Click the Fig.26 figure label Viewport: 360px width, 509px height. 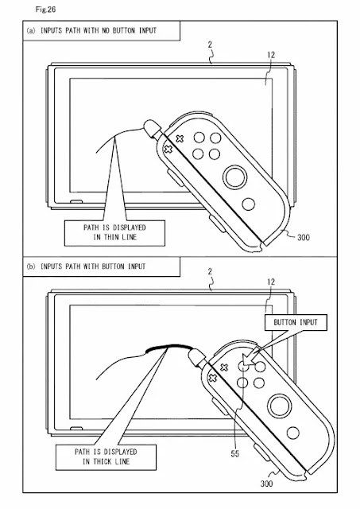45,10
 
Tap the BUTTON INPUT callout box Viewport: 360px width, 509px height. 296,322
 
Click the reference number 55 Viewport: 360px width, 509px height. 234,453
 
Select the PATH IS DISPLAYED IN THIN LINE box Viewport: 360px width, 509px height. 114,233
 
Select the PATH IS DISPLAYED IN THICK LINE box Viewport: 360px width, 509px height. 106,457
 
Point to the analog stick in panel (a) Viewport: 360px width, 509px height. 235,177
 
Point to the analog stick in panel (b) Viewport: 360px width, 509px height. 280,406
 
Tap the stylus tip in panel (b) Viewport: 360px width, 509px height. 194,355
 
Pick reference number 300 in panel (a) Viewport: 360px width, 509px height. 304,237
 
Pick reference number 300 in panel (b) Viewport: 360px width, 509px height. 266,484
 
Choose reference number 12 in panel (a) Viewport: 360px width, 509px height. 271,55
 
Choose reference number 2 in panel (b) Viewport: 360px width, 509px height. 210,271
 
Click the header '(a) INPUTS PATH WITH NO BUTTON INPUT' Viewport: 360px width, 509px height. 91,30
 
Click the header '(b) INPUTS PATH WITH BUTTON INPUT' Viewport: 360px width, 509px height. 87,266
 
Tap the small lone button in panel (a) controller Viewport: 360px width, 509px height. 249,204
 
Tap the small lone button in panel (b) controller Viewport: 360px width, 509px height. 293,433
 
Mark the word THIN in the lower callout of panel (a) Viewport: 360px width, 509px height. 111,237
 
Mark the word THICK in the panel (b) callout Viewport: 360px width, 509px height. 103,461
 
